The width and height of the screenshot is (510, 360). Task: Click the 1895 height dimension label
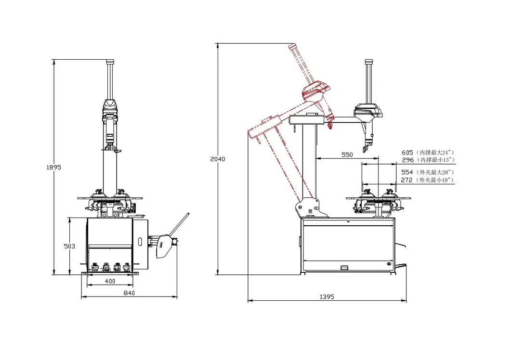[53, 167]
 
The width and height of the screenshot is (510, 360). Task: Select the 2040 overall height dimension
[218, 159]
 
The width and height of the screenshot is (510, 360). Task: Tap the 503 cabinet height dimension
[69, 246]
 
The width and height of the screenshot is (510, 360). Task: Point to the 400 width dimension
[110, 282]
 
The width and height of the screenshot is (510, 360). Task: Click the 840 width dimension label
[129, 293]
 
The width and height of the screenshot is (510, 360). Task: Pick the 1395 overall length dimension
[327, 297]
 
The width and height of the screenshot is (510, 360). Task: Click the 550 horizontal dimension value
[347, 154]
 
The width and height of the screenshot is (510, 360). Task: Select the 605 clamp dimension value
[407, 152]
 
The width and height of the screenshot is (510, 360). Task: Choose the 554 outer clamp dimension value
[407, 172]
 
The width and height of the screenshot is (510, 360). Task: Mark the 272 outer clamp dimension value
[407, 180]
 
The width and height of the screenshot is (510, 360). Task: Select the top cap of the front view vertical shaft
[110, 62]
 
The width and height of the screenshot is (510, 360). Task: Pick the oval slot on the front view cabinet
[140, 242]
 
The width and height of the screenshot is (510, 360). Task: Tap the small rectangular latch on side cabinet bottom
[344, 267]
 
